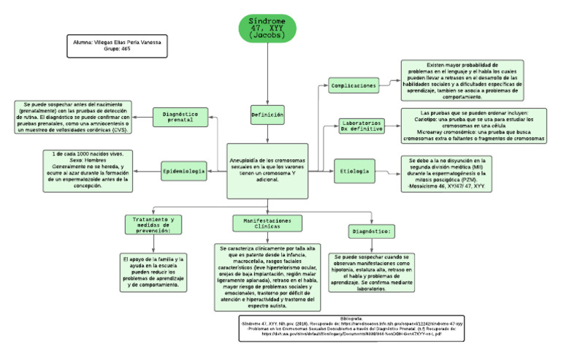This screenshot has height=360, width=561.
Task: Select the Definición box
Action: [267, 115]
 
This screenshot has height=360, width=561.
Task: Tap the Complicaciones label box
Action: [354, 85]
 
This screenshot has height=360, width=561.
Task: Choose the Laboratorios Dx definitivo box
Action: [362, 126]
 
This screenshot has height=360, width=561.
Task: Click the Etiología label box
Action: [355, 172]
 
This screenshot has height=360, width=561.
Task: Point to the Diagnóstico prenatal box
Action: [180, 118]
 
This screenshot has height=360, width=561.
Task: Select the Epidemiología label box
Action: [183, 172]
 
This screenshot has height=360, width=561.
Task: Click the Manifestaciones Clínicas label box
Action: [267, 223]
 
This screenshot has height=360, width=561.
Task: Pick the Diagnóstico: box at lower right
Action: [371, 231]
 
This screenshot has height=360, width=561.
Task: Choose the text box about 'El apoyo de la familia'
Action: [153, 272]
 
